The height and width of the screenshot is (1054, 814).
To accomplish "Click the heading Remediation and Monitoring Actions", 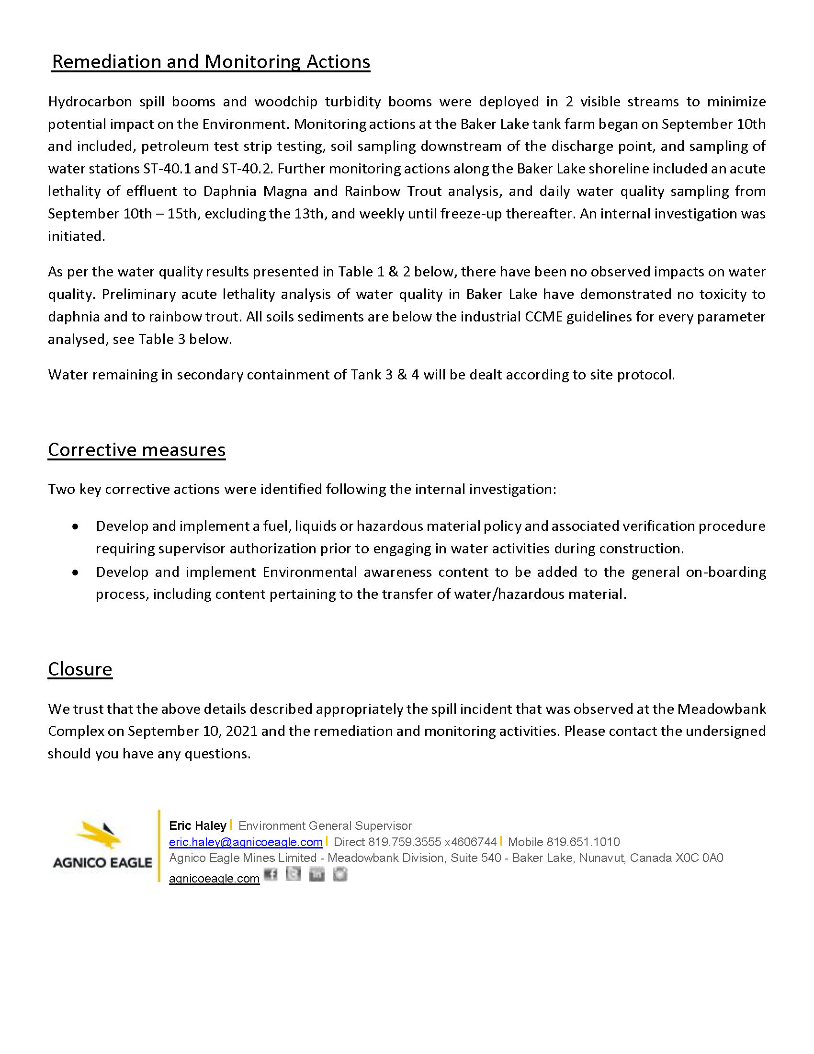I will (x=211, y=62).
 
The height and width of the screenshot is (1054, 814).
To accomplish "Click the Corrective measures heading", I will (x=136, y=449).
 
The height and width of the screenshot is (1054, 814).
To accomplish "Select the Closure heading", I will (x=80, y=669).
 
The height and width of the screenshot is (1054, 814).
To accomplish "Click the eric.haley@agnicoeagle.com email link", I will (x=246, y=842).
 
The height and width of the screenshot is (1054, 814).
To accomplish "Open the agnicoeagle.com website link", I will (x=214, y=878).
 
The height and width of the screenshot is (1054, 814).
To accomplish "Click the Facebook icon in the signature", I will (x=271, y=874).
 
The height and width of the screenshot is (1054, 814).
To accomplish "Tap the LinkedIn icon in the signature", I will (x=317, y=874).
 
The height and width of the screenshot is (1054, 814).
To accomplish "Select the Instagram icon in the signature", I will (x=340, y=874).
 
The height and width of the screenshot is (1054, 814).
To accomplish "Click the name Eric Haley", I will (x=198, y=826).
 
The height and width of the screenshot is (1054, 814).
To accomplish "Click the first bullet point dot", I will (x=75, y=527).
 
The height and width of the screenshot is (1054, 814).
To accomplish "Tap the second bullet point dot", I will (x=75, y=573).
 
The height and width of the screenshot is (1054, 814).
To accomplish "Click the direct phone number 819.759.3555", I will (x=404, y=842).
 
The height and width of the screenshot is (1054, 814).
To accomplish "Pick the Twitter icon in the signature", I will (x=293, y=874).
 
